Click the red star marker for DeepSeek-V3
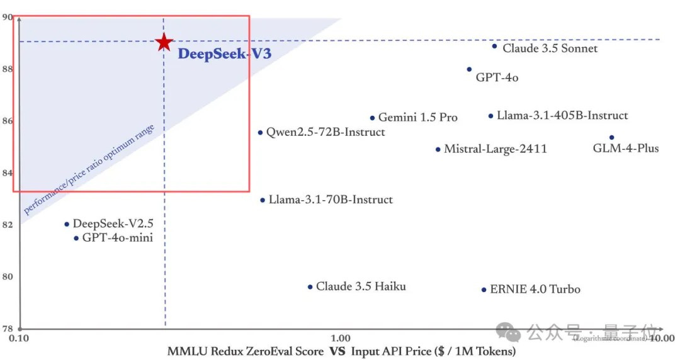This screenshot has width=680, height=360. [x=164, y=42]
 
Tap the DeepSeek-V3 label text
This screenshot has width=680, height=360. [x=224, y=54]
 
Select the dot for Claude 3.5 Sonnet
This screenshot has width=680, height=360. [x=494, y=46]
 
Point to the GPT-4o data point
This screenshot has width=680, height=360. [x=469, y=69]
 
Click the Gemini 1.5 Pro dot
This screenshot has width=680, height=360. [x=372, y=118]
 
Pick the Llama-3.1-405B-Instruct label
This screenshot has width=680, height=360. [x=562, y=116]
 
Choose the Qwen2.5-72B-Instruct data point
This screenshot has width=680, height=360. [x=260, y=132]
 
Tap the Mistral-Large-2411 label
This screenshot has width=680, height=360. [x=496, y=149]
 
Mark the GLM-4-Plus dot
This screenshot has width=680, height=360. [x=611, y=137]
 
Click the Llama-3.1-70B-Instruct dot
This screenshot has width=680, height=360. [x=263, y=200]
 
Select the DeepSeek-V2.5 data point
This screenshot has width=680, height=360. [x=67, y=224]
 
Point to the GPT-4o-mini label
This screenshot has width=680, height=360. [x=117, y=238]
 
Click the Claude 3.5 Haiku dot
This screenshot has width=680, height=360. [x=310, y=287]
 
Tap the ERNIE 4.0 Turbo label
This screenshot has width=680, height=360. [x=535, y=290]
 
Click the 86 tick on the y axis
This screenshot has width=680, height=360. [x=8, y=120]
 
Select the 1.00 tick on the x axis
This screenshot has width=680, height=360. [x=341, y=339]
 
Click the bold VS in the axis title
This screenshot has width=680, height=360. [x=337, y=351]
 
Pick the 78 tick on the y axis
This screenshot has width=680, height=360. [x=8, y=329]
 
